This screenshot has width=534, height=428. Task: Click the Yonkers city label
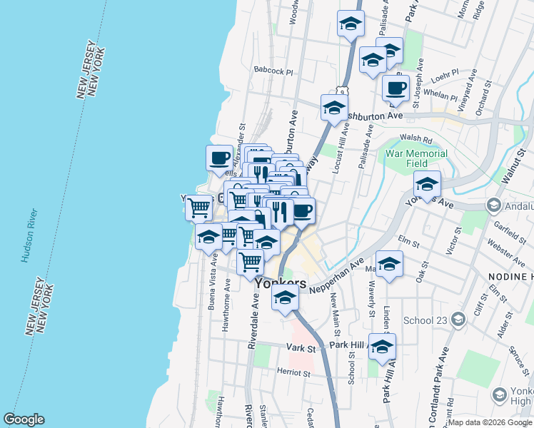click(x=281, y=283)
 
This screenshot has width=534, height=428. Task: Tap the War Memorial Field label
click(x=416, y=158)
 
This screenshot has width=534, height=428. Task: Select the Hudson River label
click(x=29, y=235)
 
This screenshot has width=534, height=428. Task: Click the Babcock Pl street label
click(x=273, y=71)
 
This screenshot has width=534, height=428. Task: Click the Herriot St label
click(x=293, y=373)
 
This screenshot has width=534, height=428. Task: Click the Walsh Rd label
click(x=417, y=138)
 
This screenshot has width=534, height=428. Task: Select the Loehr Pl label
click(x=445, y=73)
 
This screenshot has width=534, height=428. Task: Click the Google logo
click(x=24, y=419)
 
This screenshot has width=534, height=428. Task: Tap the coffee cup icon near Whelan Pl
click(x=396, y=88)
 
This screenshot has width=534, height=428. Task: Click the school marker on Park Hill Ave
click(x=383, y=346)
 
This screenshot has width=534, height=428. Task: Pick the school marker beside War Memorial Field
click(x=427, y=185)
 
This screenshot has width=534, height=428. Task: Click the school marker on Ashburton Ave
click(x=333, y=108)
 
